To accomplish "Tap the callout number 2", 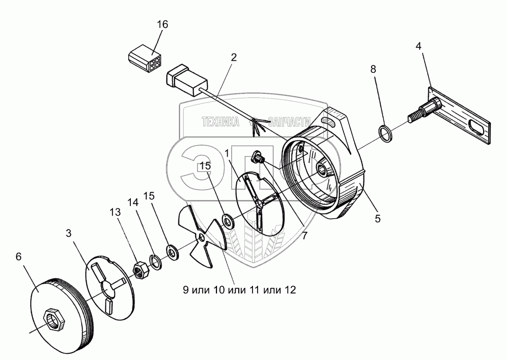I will click(x=233, y=57).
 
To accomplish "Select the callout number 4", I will click(x=418, y=47).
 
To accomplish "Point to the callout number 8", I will click(x=373, y=69).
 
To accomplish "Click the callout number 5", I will click(x=377, y=220).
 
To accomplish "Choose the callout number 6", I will click(x=18, y=257).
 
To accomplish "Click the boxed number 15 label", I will click(x=204, y=165).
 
